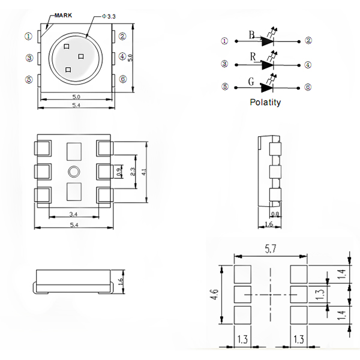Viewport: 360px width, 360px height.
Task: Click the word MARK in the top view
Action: click(x=63, y=16)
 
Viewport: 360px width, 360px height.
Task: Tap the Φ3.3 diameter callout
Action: click(x=109, y=16)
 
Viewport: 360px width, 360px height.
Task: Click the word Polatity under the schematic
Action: click(x=265, y=102)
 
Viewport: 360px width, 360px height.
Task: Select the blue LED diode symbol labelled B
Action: click(x=268, y=41)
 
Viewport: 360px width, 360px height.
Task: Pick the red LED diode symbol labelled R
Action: click(x=268, y=65)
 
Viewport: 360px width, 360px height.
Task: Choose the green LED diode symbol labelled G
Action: click(x=267, y=88)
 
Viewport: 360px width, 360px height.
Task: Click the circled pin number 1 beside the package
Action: click(x=28, y=36)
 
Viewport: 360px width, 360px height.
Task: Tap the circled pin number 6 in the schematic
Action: click(x=308, y=87)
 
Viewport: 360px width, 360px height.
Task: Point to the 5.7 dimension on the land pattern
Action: click(x=271, y=248)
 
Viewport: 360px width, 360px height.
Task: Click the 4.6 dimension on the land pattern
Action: click(x=215, y=295)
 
